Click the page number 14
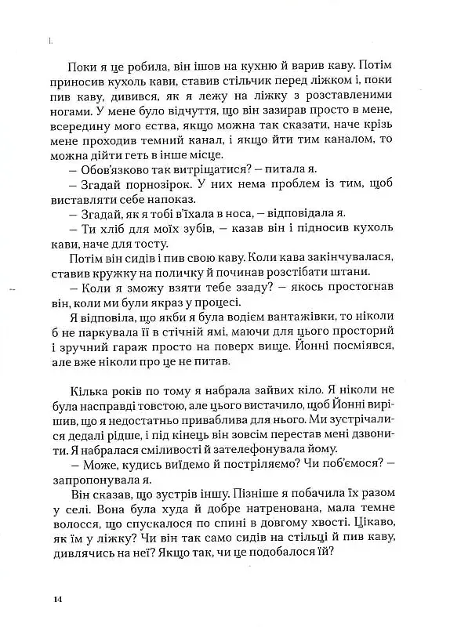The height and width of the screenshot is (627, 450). [x=58, y=599]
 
